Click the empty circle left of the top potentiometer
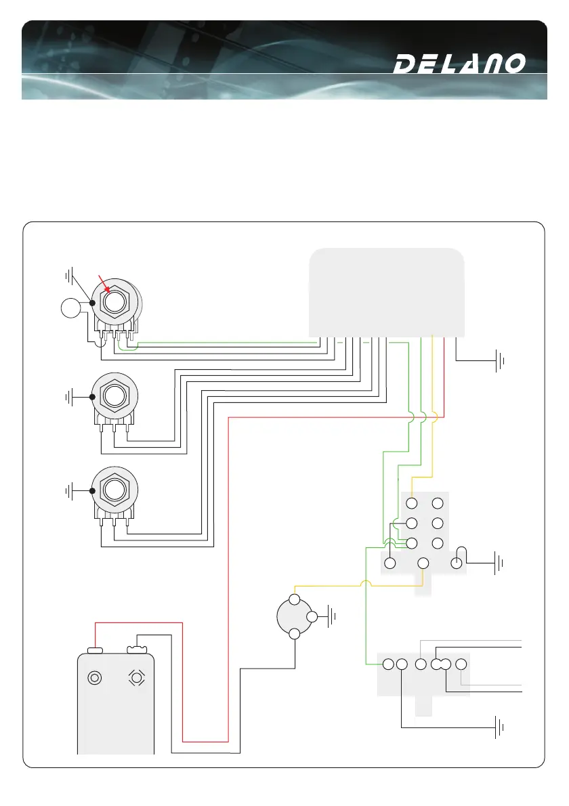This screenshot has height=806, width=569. pyautogui.click(x=70, y=309)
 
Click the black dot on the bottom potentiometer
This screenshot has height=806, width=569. pyautogui.click(x=93, y=489)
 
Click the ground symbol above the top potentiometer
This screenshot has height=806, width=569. pyautogui.click(x=69, y=276)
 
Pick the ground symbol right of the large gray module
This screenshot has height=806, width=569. pyautogui.click(x=501, y=361)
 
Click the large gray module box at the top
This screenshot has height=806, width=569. pyautogui.click(x=386, y=291)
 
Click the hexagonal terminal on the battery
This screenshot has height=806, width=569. pyautogui.click(x=137, y=677)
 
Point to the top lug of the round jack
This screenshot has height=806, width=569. pyautogui.click(x=295, y=599)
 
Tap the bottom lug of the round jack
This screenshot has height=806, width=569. pyautogui.click(x=295, y=634)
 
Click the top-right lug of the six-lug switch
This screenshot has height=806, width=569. pyautogui.click(x=438, y=503)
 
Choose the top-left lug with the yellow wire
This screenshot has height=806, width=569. pyautogui.click(x=411, y=503)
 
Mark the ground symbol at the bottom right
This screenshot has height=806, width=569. pyautogui.click(x=501, y=728)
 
